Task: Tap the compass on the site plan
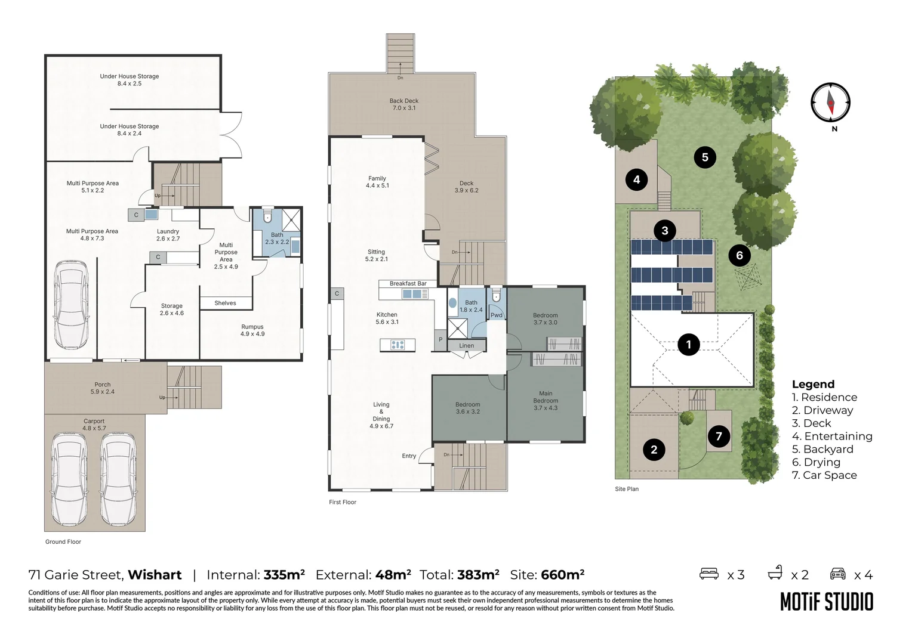click(831, 103)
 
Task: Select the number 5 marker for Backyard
click(705, 157)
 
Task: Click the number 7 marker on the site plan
click(719, 436)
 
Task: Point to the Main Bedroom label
click(546, 400)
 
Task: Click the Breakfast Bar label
click(408, 284)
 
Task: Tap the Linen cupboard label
click(467, 346)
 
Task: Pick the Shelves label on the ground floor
click(225, 303)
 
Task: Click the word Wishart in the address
click(155, 575)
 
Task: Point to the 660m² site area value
click(563, 574)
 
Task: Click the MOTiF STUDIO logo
click(827, 602)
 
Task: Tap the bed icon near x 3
click(709, 574)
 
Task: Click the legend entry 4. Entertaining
click(832, 436)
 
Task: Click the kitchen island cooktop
click(398, 345)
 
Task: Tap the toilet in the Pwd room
click(496, 295)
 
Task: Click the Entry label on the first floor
click(409, 456)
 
